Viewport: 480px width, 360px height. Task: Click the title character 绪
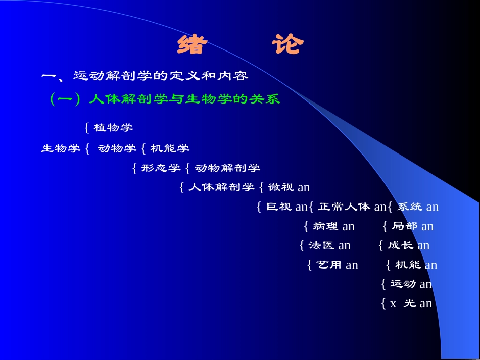pos(193,45)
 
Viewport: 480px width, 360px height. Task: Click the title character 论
pos(288,45)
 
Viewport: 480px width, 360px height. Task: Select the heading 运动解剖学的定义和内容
pos(161,76)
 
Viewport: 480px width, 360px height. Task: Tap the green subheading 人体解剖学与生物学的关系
pos(184,99)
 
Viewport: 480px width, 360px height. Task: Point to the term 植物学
pos(113,127)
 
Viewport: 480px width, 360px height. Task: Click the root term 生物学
pos(61,148)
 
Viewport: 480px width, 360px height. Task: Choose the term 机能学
pos(170,148)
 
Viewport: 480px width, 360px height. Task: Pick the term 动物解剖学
pos(227,168)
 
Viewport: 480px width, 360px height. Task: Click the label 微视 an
pos(289,187)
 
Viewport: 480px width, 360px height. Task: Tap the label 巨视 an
pos(286,207)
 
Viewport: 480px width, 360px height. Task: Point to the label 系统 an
pos(418,207)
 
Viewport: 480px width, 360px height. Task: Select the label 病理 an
pos(333,226)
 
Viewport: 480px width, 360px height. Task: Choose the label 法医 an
pos(329,245)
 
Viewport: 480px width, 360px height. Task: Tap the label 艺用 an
pos(337,265)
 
